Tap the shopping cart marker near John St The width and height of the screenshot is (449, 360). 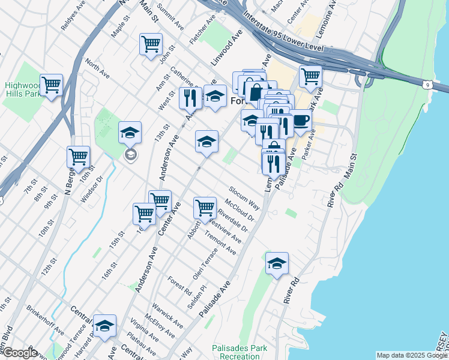pos(151,44)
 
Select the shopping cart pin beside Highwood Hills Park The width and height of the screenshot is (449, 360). pos(52,85)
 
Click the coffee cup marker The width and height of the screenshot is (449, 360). pos(300,120)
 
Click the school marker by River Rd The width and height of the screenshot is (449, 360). pos(277,263)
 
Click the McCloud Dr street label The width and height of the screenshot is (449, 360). pos(240,210)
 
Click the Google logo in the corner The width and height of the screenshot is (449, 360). pos(19,353)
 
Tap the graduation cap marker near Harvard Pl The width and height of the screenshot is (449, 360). pos(105,325)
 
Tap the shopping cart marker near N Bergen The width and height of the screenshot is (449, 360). pos(79,157)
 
